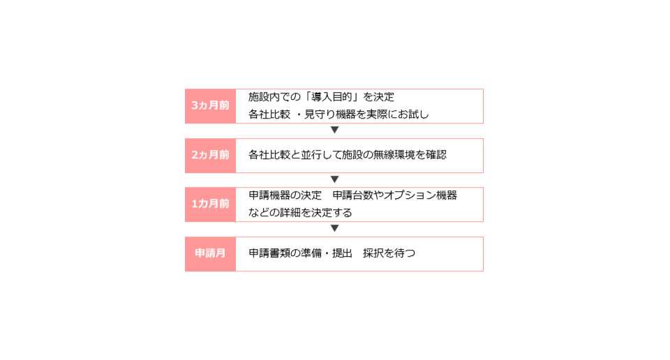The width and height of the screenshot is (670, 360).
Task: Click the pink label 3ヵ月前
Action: coord(210,106)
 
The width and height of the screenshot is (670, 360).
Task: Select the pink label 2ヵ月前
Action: coord(210,156)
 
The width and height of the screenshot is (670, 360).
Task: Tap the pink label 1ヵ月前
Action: coord(210,204)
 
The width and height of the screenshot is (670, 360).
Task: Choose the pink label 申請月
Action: coord(210,254)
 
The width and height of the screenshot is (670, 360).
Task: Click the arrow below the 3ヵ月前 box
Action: coord(334,130)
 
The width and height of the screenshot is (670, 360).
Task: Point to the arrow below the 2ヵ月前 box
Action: coord(334,179)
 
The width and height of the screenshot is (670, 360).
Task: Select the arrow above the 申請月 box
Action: coord(334,228)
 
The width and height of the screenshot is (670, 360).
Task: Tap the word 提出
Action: coord(342,253)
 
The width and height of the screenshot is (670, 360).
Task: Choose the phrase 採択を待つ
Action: coord(389,253)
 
